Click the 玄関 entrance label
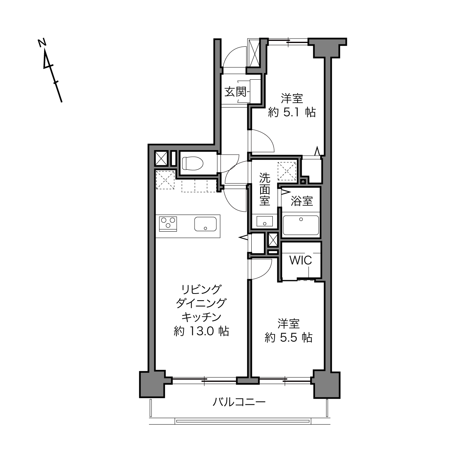tap(236, 92)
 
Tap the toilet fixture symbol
tap(193, 163)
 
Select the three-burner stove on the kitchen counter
tap(168, 224)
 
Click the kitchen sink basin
tap(205, 224)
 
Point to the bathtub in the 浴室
tap(301, 225)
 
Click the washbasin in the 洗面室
tap(264, 221)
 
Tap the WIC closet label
tap(301, 260)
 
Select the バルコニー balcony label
tap(239, 402)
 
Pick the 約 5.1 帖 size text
tap(292, 112)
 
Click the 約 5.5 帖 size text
tap(288, 338)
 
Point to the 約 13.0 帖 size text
tap(201, 331)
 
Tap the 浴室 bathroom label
tap(302, 201)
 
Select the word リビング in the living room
tap(201, 289)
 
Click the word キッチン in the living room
tap(201, 317)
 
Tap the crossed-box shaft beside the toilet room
tap(161, 159)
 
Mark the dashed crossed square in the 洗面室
tap(287, 171)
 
